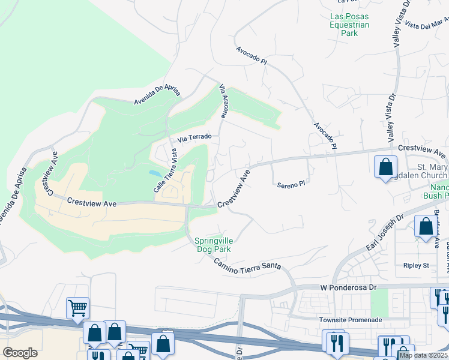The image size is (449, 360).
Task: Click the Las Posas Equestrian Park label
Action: click(349, 25)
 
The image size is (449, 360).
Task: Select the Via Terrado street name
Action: click(194, 137)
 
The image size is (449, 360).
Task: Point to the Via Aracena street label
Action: click(223, 101)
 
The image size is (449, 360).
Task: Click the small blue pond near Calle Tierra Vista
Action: click(155, 173)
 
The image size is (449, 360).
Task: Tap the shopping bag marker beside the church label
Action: click(385, 167)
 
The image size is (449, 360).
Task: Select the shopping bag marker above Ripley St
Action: click(425, 227)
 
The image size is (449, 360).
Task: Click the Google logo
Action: click(20, 353)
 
